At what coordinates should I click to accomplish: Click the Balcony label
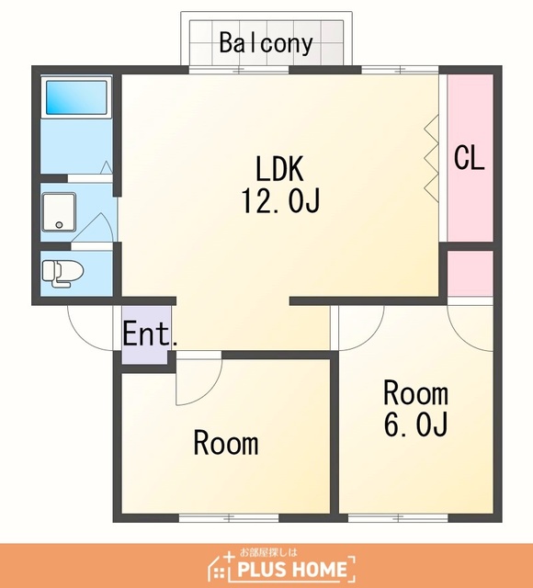266,43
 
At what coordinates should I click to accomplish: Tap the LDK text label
279,169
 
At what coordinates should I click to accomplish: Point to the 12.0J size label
280,200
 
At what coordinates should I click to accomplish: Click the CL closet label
469,157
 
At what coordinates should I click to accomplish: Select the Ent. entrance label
150,334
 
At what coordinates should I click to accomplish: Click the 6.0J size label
415,424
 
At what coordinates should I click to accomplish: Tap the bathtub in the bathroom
76,97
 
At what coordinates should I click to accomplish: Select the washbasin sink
59,212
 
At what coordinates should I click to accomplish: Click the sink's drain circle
59,224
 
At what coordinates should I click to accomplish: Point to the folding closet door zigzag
431,159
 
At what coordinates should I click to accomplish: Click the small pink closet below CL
470,273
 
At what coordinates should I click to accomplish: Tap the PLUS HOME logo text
292,569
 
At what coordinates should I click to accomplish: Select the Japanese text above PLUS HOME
268,552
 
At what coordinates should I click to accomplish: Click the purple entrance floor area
145,334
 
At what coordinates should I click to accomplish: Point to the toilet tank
48,270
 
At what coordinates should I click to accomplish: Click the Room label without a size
226,443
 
